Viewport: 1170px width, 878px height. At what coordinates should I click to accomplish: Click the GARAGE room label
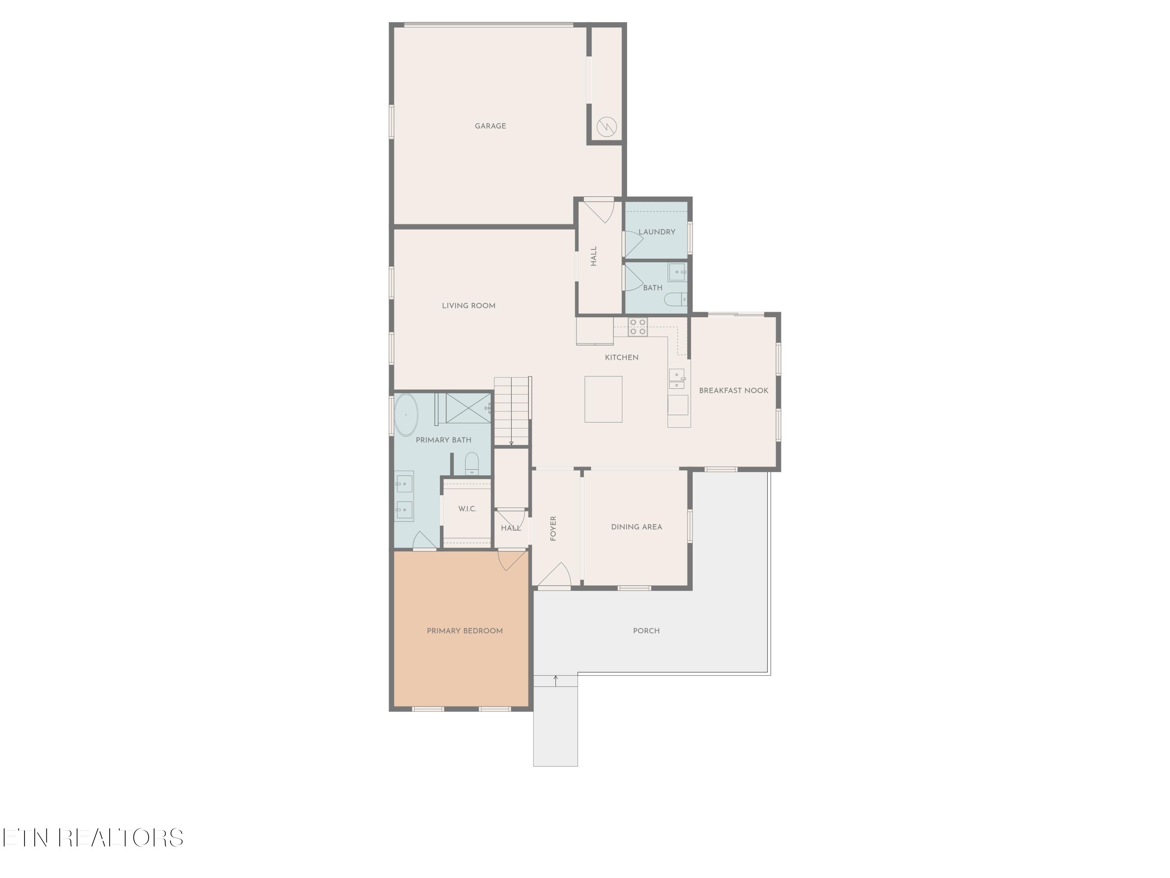pyautogui.click(x=490, y=126)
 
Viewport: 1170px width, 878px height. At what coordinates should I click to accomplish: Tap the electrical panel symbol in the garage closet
pyautogui.click(x=606, y=126)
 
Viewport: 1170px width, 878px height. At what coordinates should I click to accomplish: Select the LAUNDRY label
pyautogui.click(x=656, y=232)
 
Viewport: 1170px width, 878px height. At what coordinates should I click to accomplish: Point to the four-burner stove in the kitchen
pyautogui.click(x=637, y=327)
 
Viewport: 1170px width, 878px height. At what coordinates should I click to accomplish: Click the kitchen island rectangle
pyautogui.click(x=603, y=399)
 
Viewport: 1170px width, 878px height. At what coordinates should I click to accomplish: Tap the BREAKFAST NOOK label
pyautogui.click(x=733, y=391)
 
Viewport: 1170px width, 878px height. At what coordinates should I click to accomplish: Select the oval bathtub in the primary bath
pyautogui.click(x=406, y=415)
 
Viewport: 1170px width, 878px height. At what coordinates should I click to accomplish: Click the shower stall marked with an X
pyautogui.click(x=468, y=408)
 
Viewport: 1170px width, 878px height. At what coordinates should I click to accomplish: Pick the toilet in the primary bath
pyautogui.click(x=471, y=464)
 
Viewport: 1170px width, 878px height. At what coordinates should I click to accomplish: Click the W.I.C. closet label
pyautogui.click(x=467, y=508)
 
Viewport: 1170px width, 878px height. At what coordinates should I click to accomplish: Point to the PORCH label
pyautogui.click(x=646, y=631)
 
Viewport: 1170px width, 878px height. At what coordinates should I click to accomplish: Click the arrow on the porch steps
pyautogui.click(x=555, y=681)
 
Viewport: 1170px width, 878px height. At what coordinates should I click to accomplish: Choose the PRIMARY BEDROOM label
pyautogui.click(x=464, y=631)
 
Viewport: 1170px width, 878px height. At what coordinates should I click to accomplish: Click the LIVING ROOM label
pyautogui.click(x=469, y=306)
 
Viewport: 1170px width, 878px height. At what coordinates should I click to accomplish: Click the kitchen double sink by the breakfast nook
pyautogui.click(x=677, y=379)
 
